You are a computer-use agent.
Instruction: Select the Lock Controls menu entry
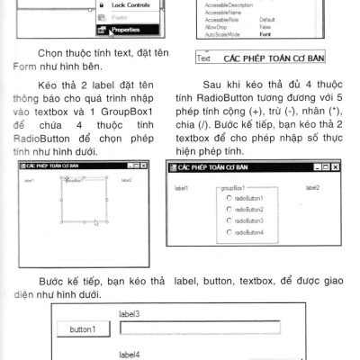131,4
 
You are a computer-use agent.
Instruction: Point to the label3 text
129,314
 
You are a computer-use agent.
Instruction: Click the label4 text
129,355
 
